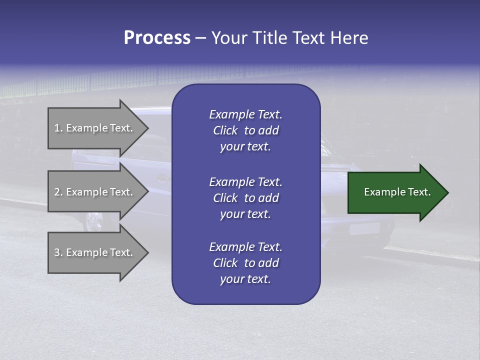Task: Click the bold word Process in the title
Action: pyautogui.click(x=157, y=38)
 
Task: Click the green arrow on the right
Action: pyautogui.click(x=395, y=192)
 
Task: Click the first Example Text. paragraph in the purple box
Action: pyautogui.click(x=245, y=130)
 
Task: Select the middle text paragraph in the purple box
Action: pyautogui.click(x=245, y=198)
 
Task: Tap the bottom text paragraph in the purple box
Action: pyautogui.click(x=245, y=263)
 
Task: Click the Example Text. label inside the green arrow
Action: pyautogui.click(x=397, y=192)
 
